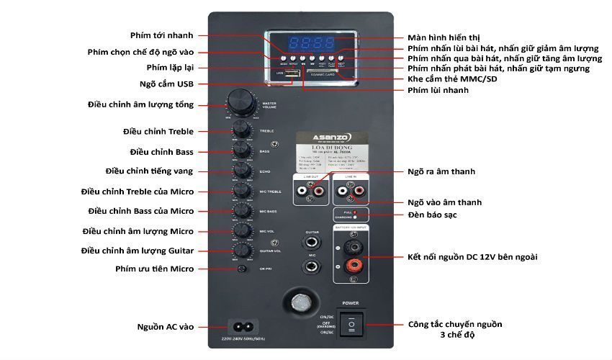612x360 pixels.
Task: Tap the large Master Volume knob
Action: (241, 103)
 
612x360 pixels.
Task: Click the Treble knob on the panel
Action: (242, 130)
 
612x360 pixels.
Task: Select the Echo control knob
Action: (242, 171)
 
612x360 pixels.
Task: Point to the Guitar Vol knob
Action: (242, 250)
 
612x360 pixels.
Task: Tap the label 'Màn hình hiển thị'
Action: (444, 37)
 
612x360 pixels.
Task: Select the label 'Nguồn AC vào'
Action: (165, 327)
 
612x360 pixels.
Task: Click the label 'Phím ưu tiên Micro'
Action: (154, 269)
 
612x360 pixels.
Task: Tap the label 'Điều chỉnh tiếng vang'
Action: (149, 171)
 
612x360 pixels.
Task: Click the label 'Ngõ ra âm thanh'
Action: (441, 172)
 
